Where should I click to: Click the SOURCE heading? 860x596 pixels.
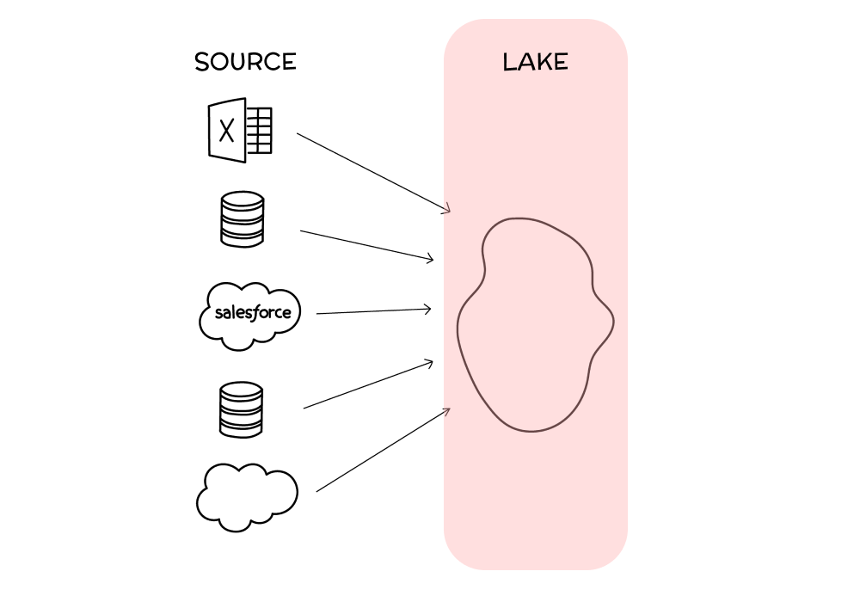coord(245,63)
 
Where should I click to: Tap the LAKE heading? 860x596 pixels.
coord(535,63)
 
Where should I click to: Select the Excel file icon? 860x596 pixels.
coord(240,130)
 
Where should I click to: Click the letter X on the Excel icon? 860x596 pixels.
coord(227,131)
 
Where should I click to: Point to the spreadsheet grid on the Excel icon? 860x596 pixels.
coord(259,131)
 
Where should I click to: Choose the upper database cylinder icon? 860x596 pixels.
coord(242,219)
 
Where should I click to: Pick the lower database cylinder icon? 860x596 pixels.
coord(241,409)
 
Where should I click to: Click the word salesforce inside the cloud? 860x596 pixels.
coord(252,313)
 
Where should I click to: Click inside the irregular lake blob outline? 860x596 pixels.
coord(533,327)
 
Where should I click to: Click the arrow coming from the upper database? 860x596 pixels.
coord(365,245)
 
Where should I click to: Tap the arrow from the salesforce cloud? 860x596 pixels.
coord(373,311)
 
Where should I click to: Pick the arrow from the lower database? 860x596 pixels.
coord(368,384)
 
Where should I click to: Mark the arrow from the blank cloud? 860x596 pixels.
coord(383,450)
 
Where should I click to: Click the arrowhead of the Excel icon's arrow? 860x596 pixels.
coord(446,209)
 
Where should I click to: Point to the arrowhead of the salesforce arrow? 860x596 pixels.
coord(427,310)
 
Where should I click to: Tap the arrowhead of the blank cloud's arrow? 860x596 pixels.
coord(445,411)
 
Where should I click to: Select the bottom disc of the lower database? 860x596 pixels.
coord(241,427)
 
